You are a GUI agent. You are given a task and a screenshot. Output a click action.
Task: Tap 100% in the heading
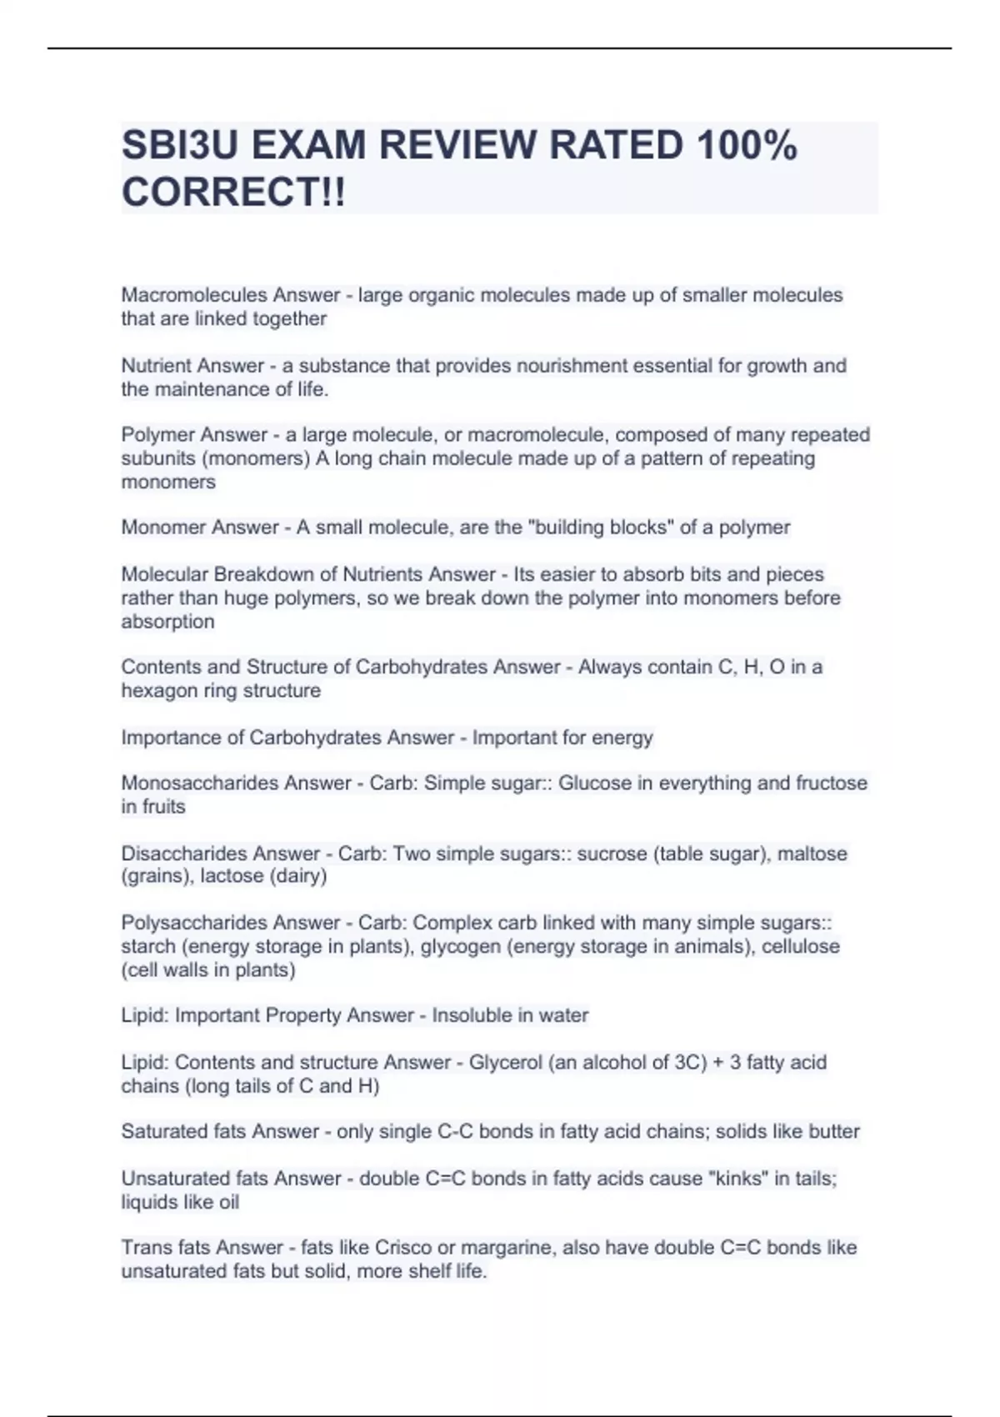pyautogui.click(x=747, y=146)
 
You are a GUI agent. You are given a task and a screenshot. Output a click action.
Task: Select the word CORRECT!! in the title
pyautogui.click(x=233, y=193)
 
